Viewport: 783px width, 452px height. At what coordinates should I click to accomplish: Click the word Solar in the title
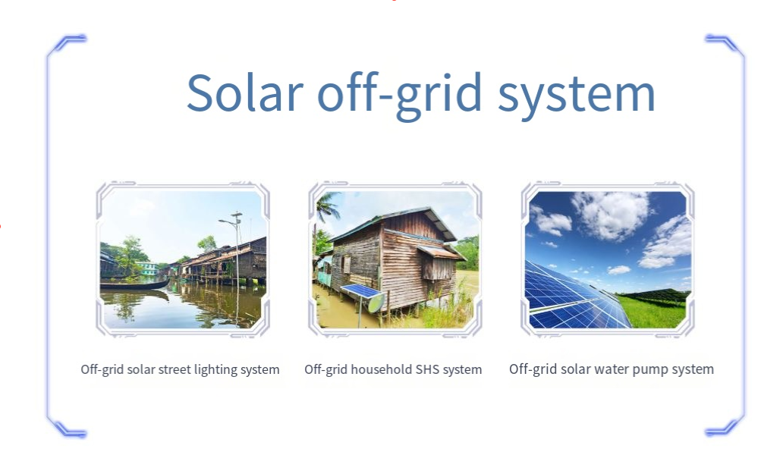tap(244, 93)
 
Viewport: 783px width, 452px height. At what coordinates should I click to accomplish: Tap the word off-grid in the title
tap(400, 95)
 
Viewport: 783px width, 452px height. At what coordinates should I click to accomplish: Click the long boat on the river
tap(134, 285)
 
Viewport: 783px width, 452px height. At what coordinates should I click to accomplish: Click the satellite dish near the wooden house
tap(376, 303)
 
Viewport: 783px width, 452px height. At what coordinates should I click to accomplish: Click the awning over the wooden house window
tap(440, 253)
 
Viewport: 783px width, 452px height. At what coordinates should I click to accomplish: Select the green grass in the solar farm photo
tap(652, 311)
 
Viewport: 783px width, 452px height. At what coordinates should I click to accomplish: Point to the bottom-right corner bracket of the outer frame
tap(727, 425)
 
